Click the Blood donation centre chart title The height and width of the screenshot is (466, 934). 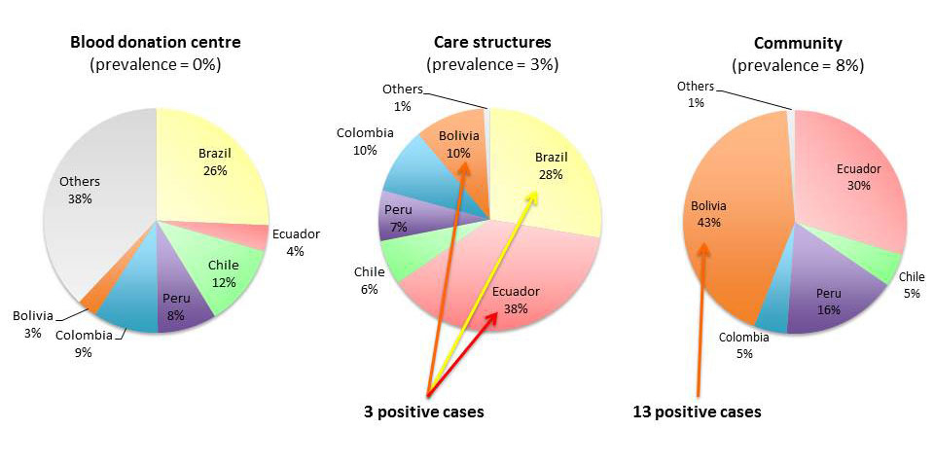(x=156, y=43)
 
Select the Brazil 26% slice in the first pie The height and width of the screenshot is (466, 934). (x=214, y=161)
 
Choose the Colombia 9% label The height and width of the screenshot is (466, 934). (x=83, y=344)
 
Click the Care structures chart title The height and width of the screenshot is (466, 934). (x=491, y=43)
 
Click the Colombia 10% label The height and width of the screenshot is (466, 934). (x=365, y=141)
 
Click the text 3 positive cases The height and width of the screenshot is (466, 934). (x=423, y=412)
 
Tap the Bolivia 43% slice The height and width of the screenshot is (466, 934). (x=730, y=214)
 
